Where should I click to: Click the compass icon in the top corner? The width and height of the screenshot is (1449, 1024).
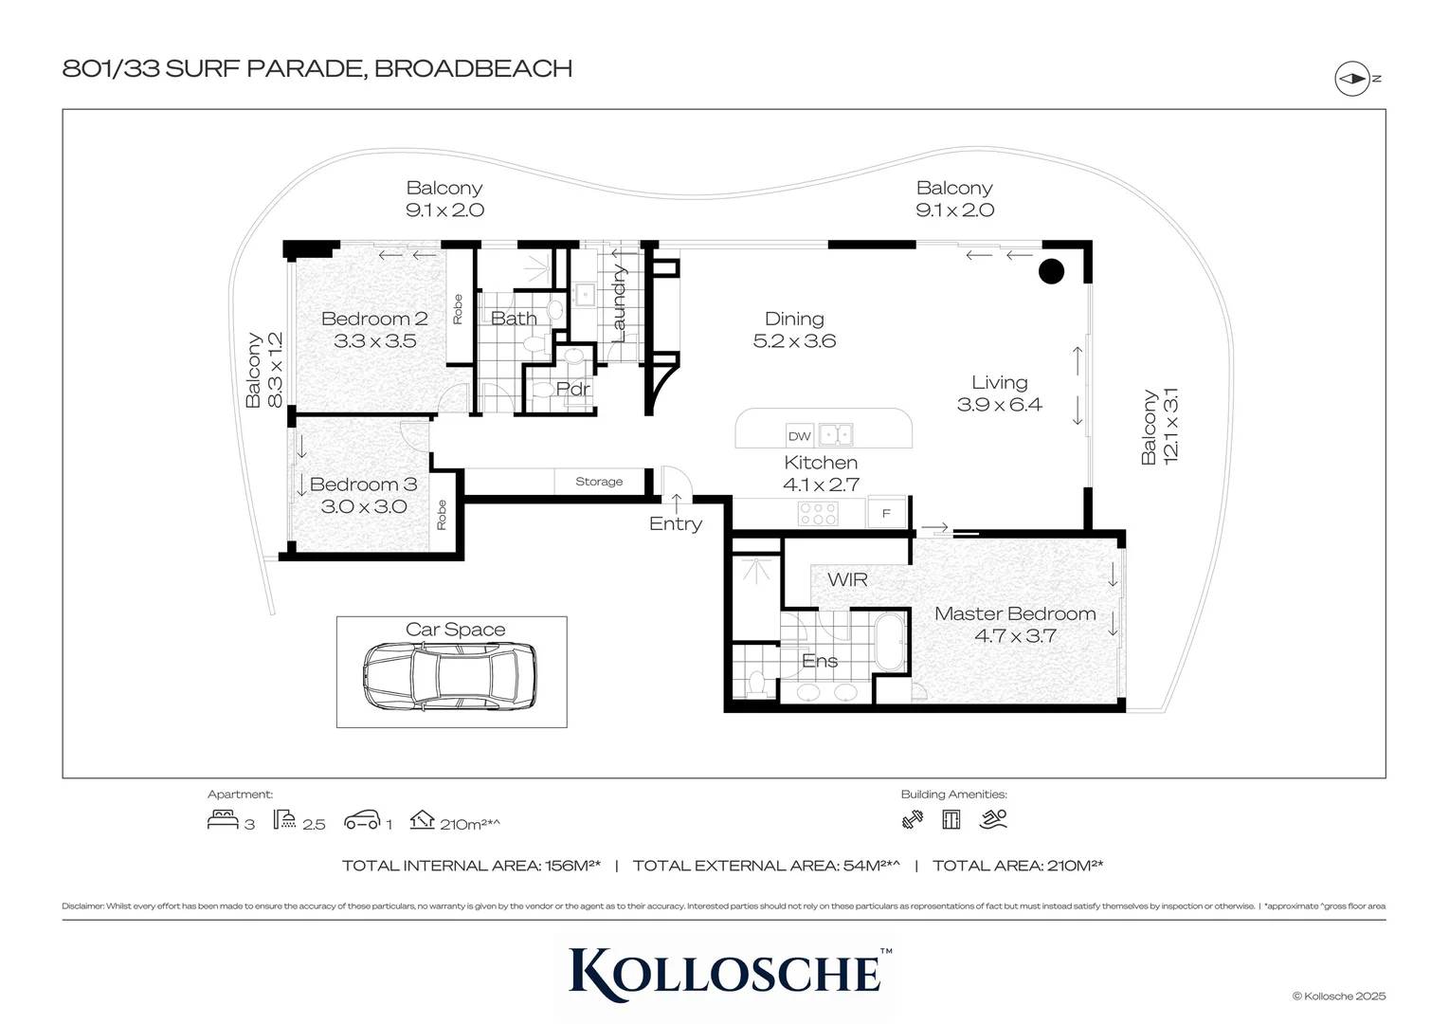click(x=1352, y=79)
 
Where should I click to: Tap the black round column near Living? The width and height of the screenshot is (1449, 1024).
click(x=1051, y=271)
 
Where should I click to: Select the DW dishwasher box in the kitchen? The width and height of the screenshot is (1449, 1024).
click(x=799, y=436)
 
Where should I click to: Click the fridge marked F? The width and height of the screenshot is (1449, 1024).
click(x=886, y=514)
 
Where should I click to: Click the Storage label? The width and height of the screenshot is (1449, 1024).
click(x=599, y=482)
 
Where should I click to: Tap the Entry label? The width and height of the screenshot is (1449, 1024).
click(x=675, y=524)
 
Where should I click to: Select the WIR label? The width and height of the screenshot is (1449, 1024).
click(x=846, y=580)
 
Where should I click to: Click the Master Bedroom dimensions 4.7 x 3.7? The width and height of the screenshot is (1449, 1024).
click(x=1015, y=636)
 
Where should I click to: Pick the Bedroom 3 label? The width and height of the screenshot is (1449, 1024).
click(x=363, y=485)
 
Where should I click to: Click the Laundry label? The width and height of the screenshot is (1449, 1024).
click(x=619, y=303)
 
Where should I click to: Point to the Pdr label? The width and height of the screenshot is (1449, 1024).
click(x=572, y=389)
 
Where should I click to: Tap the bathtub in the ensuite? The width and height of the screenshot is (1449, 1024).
click(x=889, y=642)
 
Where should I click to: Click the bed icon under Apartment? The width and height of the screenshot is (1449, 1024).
click(x=223, y=819)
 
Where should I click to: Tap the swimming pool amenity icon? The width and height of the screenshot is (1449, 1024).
click(x=993, y=818)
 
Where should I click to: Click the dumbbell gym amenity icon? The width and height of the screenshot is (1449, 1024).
click(x=912, y=819)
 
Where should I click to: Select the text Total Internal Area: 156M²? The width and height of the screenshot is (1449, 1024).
click(x=471, y=866)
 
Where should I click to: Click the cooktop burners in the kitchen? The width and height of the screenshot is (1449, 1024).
click(x=818, y=514)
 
